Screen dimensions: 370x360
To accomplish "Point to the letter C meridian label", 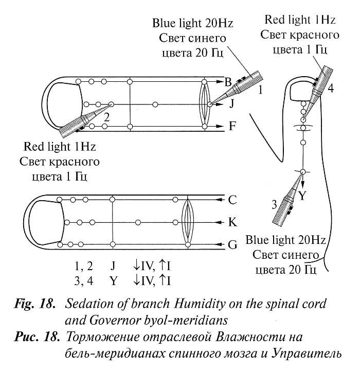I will pos(232,199).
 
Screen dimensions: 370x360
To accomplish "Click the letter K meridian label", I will pos(232,222).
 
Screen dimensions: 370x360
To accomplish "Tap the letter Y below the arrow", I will pos(302,196).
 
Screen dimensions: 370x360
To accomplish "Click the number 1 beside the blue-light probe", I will pos(262,91).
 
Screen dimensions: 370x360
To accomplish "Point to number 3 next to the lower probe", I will pos(275,204).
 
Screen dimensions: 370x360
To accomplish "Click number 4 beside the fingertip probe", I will pos(331,88).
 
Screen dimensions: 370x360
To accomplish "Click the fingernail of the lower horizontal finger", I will pos(45,221).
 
